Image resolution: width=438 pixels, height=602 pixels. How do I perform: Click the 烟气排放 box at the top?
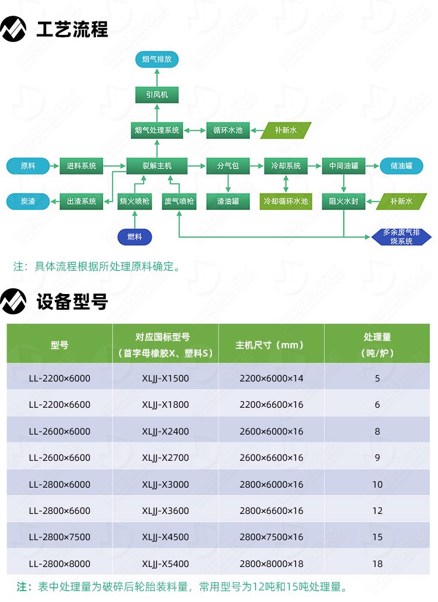157,60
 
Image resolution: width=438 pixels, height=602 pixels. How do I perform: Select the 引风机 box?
157,94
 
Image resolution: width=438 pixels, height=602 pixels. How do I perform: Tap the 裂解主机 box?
157,166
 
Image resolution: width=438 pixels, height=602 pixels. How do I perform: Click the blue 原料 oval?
28,166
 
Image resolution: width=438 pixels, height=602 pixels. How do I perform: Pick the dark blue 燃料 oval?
135,237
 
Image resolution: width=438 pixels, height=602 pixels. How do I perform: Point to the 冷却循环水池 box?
286,201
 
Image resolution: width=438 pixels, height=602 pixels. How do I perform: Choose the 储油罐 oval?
402,166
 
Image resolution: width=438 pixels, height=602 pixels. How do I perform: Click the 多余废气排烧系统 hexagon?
402,237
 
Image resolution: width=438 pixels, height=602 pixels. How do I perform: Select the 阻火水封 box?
344,201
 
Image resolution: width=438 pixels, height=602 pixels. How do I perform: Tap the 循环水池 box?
228,130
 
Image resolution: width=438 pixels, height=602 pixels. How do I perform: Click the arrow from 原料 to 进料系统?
54,166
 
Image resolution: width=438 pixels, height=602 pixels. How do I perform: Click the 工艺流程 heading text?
72,29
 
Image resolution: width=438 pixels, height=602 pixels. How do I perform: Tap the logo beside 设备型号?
14,302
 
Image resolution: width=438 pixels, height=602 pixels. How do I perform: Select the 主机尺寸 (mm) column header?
271,345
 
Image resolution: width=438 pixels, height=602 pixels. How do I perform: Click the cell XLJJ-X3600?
166,510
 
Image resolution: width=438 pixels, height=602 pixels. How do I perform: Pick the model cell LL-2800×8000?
60,563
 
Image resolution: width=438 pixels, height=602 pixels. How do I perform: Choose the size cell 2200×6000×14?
271,378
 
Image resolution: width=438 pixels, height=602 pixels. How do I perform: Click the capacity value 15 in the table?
377,537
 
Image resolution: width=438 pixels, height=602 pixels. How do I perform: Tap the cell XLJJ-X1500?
166,378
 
